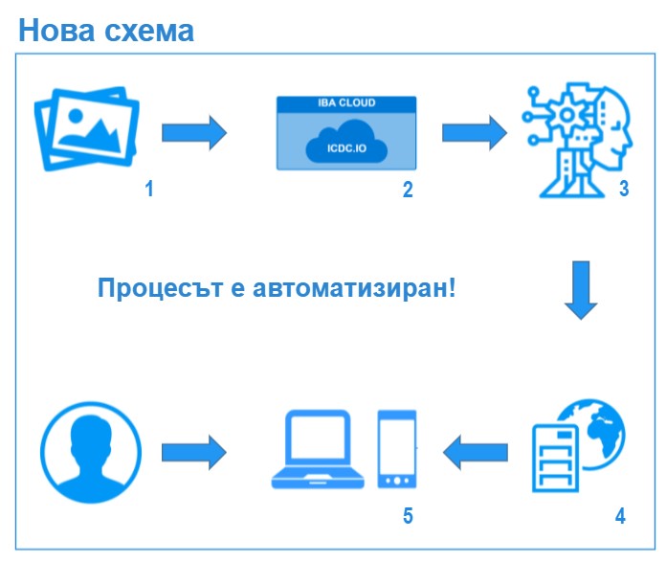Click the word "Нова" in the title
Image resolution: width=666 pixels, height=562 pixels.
(56, 31)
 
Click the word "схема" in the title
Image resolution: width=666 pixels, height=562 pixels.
(149, 32)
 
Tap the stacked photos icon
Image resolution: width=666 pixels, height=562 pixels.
(87, 129)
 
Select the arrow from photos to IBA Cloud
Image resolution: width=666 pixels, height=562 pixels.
(194, 133)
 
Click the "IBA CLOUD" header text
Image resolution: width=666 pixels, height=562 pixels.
(346, 102)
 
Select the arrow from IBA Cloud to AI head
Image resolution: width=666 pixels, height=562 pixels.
(475, 133)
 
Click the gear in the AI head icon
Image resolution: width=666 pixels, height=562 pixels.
(566, 114)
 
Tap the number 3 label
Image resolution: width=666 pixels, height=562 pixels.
(624, 189)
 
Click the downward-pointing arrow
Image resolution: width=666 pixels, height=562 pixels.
(581, 290)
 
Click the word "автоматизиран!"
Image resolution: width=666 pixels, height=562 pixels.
(354, 288)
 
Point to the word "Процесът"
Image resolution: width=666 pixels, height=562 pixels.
(161, 288)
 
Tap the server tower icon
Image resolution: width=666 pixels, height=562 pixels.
(555, 459)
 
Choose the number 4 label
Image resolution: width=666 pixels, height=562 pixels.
(621, 516)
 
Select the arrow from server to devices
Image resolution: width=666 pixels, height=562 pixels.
(475, 452)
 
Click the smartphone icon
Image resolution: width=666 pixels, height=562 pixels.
(397, 449)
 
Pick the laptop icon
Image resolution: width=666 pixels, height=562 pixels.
(318, 449)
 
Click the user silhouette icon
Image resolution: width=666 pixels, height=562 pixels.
(91, 452)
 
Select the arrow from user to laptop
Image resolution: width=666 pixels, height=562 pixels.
(194, 452)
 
